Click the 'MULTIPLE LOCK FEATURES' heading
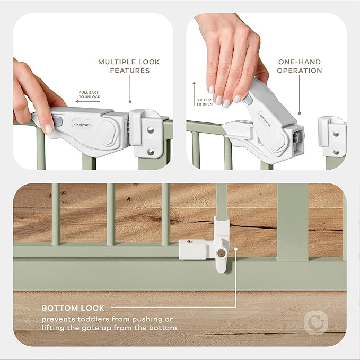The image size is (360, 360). (x=128, y=66)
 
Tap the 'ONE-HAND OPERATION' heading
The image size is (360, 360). (x=300, y=66)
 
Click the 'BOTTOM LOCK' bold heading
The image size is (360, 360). (x=73, y=308)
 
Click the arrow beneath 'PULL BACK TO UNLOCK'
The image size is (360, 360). (x=88, y=101)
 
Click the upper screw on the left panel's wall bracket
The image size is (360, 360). (x=150, y=128)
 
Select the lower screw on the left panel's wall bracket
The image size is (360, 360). (x=150, y=152)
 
